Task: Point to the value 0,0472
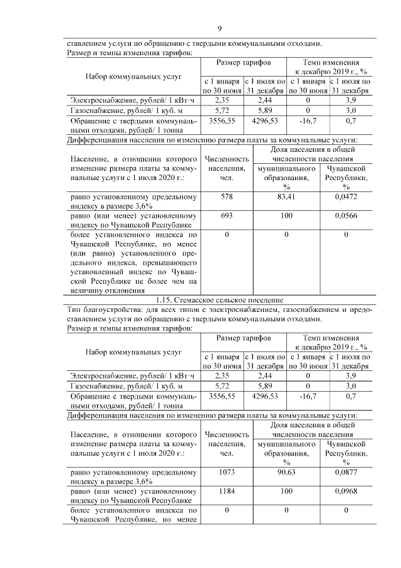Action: point(346,197)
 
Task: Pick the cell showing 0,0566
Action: point(346,215)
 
